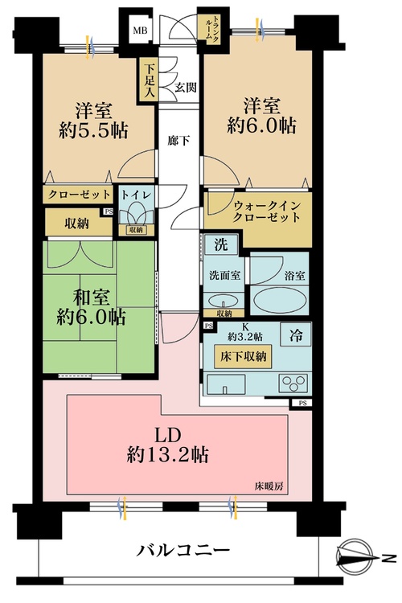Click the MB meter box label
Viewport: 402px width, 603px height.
pos(141,31)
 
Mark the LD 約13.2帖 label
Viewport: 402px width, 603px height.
pos(169,445)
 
